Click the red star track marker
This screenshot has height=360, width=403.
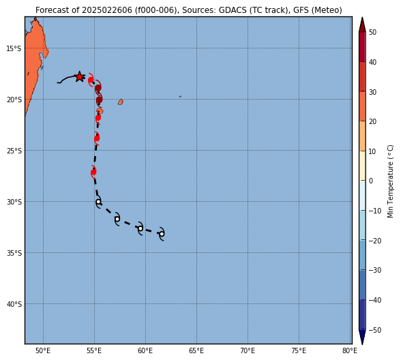[x=80, y=76]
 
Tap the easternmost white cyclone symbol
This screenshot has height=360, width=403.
[x=162, y=234]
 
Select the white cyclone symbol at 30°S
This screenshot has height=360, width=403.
[x=98, y=202]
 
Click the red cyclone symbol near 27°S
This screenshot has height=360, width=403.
[x=93, y=172]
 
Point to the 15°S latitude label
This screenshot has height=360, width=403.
[x=14, y=48]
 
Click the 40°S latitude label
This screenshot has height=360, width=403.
[x=14, y=304]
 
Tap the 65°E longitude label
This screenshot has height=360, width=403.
[x=196, y=350]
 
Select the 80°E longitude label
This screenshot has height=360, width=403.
[x=350, y=350]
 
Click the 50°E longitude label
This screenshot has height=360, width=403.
[x=43, y=350]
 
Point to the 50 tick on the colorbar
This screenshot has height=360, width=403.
[x=372, y=32]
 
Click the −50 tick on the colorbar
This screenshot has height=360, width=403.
[x=375, y=330]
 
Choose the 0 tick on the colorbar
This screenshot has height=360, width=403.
[x=371, y=181]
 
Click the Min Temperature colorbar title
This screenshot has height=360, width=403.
[x=390, y=181]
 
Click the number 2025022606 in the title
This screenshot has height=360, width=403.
[x=107, y=10]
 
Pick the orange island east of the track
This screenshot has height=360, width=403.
[x=121, y=102]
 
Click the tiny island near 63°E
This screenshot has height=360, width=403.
[x=181, y=97]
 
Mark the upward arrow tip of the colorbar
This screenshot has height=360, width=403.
[x=362, y=17]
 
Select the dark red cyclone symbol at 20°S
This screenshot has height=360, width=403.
[x=99, y=100]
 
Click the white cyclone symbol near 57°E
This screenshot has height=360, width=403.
[x=117, y=219]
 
